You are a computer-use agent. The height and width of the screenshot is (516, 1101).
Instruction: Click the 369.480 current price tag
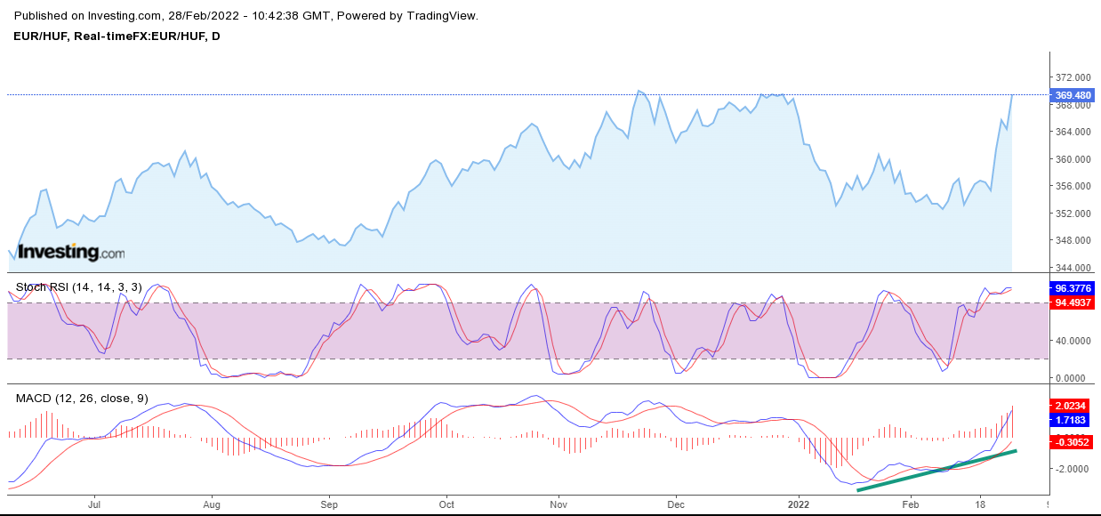[1073, 95]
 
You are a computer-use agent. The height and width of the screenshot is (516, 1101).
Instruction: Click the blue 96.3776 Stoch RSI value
[1072, 289]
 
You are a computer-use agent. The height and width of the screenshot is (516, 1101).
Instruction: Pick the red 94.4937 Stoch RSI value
[1072, 303]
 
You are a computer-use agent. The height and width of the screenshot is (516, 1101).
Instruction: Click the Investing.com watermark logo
[71, 253]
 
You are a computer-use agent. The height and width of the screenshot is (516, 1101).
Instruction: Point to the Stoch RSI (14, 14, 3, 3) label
[78, 287]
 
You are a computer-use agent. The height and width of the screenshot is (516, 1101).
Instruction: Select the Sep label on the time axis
[328, 504]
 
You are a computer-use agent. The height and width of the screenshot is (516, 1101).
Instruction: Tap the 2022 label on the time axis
[798, 504]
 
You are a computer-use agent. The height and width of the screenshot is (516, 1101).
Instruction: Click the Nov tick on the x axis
[559, 504]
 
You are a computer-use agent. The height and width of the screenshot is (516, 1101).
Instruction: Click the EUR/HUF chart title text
[117, 36]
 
